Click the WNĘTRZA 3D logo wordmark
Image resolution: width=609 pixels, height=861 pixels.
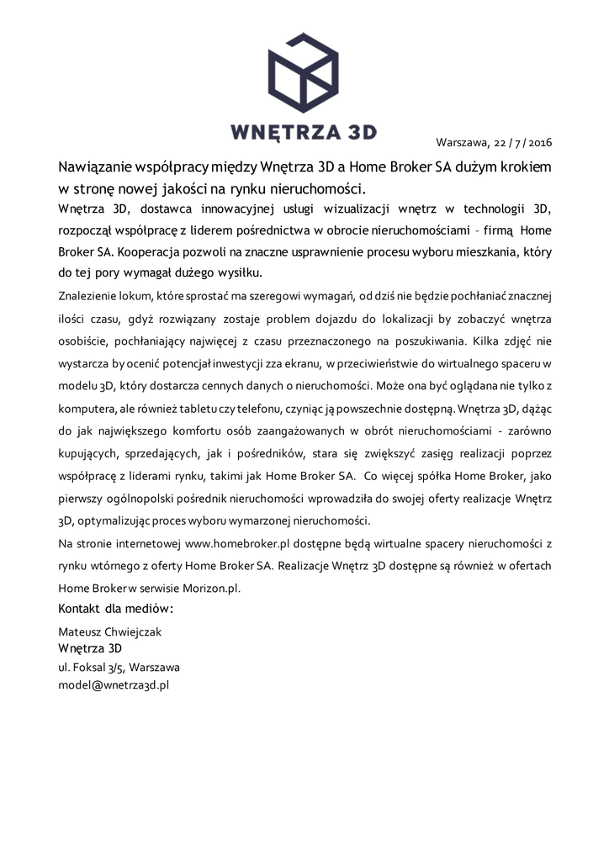(303, 132)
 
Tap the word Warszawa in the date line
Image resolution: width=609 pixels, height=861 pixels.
(462, 142)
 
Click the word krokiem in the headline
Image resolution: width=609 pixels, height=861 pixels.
(526, 166)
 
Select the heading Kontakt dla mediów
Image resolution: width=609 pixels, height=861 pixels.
(115, 608)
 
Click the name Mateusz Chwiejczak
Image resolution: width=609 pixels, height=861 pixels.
(109, 631)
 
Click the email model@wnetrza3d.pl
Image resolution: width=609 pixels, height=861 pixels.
(114, 684)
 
